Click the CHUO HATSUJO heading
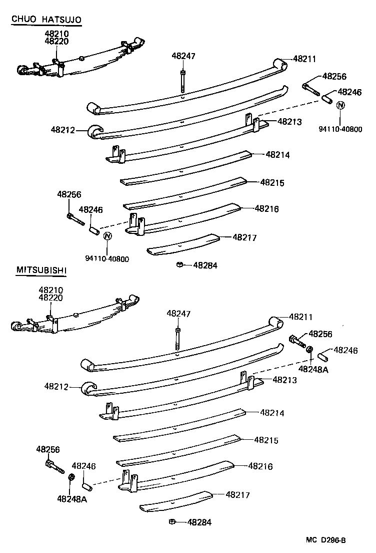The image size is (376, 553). tap(46, 20)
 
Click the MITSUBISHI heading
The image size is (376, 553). tap(41, 270)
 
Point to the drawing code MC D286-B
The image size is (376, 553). tap(326, 540)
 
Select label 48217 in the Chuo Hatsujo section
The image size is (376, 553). tap(244, 238)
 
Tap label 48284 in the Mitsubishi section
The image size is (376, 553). tap(199, 522)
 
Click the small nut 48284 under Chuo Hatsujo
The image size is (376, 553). tap(179, 264)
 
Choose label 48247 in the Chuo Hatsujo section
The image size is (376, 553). tap(183, 56)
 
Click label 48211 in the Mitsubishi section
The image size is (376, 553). tap(300, 317)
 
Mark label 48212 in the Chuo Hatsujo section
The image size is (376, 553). tap(62, 130)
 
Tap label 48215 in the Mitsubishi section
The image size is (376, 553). tap(266, 440)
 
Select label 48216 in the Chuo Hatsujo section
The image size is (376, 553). tap(266, 208)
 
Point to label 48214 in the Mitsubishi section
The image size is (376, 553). tap(272, 413)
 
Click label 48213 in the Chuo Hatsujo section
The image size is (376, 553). tap(289, 121)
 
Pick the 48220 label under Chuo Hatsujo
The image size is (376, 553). tap(56, 42)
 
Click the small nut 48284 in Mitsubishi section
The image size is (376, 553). tap(171, 521)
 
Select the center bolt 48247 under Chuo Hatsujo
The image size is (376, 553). tap(183, 80)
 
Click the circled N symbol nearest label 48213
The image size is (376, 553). tap(340, 105)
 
